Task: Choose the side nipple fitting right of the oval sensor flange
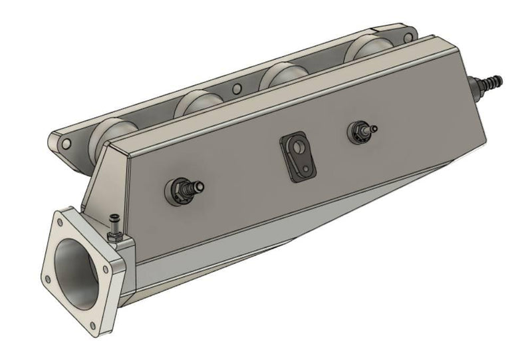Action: (x=363, y=130)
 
